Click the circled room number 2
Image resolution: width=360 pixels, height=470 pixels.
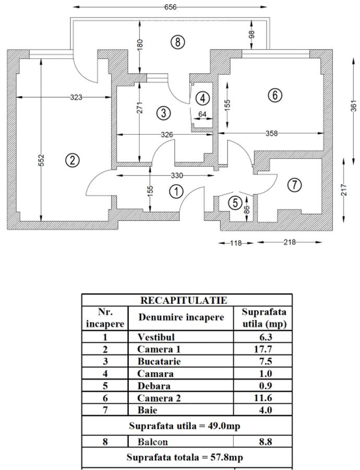point(73,160)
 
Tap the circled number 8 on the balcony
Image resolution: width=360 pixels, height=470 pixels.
point(178,42)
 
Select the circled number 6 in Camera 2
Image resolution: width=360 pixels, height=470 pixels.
point(274,95)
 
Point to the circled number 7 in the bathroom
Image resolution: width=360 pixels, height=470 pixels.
point(295,184)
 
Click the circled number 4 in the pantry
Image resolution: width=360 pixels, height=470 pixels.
point(202,98)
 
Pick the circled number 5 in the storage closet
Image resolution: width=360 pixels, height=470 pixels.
point(235,202)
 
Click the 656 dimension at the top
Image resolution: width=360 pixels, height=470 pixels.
point(170,7)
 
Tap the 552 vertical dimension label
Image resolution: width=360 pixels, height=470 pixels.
point(41,161)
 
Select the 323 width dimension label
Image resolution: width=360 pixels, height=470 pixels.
point(76,97)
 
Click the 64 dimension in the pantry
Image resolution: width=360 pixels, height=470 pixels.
point(202,114)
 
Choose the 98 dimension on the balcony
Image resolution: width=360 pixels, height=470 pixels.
point(252,34)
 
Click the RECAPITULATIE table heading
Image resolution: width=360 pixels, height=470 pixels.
point(184,300)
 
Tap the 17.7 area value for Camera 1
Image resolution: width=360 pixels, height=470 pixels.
point(266,349)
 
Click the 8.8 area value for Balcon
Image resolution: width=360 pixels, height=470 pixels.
point(266,442)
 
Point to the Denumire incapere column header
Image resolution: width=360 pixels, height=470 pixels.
point(181,317)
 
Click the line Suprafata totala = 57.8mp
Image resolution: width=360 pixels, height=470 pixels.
point(185,457)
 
